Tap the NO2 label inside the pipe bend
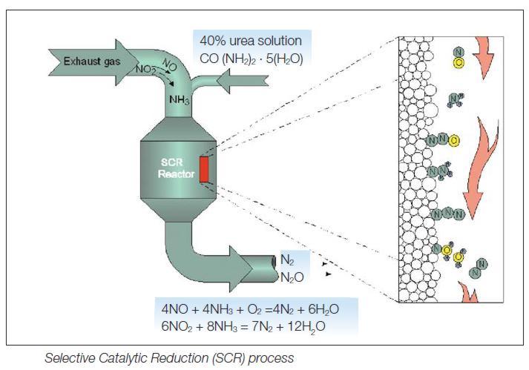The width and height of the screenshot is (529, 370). click(x=145, y=70)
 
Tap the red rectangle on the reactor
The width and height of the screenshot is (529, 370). click(x=205, y=170)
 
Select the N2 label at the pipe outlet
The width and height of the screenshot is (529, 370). click(x=287, y=261)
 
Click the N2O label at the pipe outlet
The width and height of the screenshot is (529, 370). click(x=291, y=277)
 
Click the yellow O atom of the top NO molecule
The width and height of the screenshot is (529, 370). click(x=458, y=62)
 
